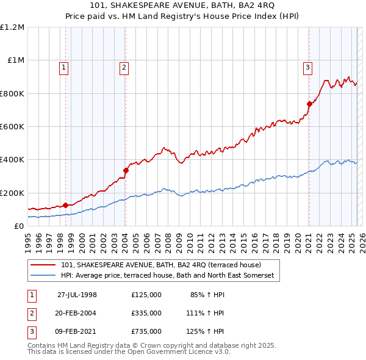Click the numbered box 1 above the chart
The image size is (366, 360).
coord(64,68)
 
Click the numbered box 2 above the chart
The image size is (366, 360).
coord(124,68)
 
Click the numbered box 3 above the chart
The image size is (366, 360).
coord(308,68)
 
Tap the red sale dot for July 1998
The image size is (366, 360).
coord(65,205)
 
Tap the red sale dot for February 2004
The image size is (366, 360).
coord(126,170)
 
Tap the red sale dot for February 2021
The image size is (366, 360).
coord(309,104)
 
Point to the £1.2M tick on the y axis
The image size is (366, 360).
coord(12,27)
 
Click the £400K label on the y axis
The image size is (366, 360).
coord(12,160)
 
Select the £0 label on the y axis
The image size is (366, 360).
coord(18,226)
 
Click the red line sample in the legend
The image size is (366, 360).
coord(43,265)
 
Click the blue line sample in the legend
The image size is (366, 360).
coord(43,276)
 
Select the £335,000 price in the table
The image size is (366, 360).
coord(146,313)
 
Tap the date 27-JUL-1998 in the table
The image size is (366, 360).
coord(77,295)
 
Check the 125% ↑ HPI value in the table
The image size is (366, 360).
coord(205,331)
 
